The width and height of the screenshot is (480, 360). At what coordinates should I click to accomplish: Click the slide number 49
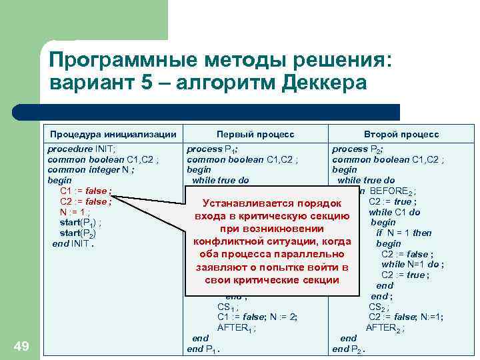[x=21, y=345]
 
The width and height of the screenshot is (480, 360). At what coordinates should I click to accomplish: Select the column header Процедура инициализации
[x=113, y=135]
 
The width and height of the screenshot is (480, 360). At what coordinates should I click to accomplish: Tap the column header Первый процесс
[x=255, y=135]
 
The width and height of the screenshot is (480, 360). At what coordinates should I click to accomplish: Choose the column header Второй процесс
[x=401, y=135]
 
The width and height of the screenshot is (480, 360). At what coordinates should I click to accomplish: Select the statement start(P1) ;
[x=81, y=222]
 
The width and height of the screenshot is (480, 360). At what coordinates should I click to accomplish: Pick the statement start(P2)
[x=79, y=233]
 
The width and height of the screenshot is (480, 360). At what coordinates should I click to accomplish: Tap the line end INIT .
[x=73, y=244]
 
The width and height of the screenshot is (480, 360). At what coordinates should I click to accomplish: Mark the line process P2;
[x=359, y=149]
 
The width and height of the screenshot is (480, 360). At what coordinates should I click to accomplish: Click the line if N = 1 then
[x=404, y=233]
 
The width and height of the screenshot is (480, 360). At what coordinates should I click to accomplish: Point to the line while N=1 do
[x=407, y=264]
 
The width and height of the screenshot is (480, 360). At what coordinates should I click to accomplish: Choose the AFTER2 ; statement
[x=385, y=327]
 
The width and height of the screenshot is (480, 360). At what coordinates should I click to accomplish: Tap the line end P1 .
[x=204, y=349]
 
